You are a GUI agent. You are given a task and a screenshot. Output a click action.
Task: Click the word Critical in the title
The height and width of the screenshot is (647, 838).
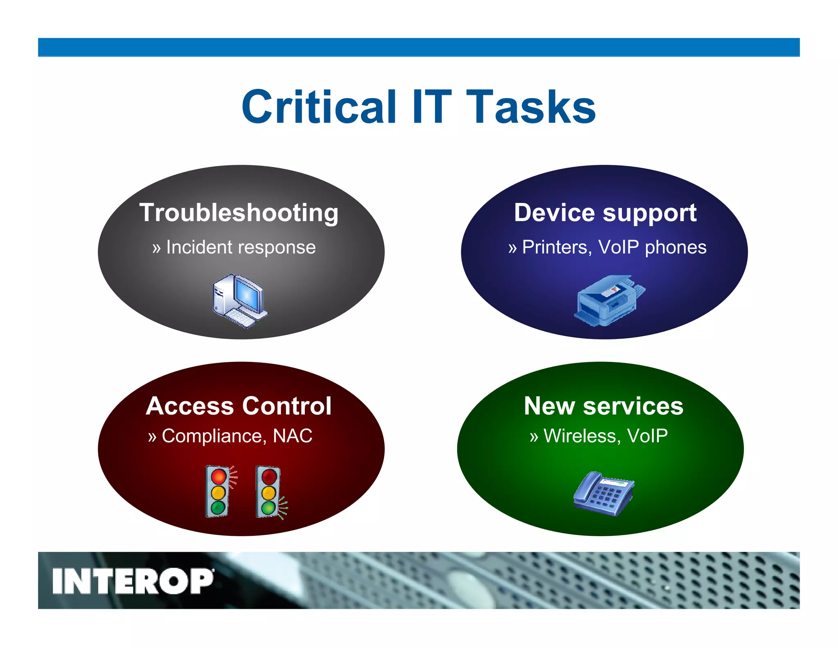(x=319, y=107)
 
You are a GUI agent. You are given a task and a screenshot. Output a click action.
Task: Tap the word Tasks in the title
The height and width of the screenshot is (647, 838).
(x=531, y=107)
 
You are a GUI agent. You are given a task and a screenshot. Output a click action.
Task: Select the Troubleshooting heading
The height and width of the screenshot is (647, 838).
(x=239, y=213)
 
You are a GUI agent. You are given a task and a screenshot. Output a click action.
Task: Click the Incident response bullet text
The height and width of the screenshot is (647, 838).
(x=241, y=247)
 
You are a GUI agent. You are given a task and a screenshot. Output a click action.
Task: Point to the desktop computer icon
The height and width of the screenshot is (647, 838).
(x=239, y=301)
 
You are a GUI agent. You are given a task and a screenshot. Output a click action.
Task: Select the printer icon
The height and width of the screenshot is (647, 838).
(x=609, y=301)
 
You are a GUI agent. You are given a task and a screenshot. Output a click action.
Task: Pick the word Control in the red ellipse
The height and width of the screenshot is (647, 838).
(x=286, y=406)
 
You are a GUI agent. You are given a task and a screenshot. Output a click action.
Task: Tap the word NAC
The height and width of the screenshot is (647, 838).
(x=293, y=436)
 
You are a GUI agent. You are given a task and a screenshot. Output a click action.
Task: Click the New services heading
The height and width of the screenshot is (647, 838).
(x=604, y=406)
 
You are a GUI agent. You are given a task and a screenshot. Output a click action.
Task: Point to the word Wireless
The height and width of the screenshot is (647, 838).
(x=579, y=436)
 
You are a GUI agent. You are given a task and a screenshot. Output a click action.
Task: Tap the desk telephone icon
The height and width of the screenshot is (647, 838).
(x=603, y=494)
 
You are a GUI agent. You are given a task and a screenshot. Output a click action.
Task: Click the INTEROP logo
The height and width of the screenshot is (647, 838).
(x=133, y=581)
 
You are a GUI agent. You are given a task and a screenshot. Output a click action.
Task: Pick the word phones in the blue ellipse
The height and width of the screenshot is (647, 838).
(x=676, y=247)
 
